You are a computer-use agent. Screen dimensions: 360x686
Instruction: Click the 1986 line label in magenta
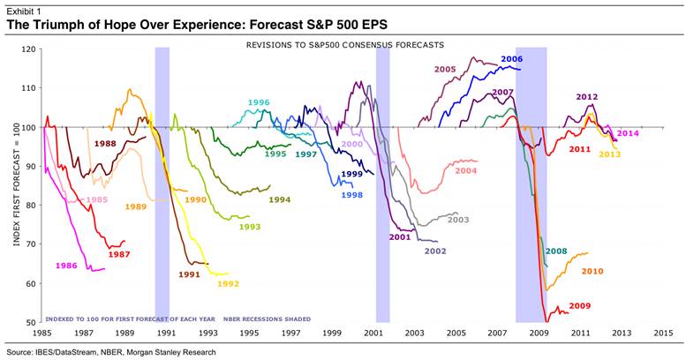pyautogui.click(x=67, y=265)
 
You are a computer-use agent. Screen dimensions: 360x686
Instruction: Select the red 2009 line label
pyautogui.click(x=579, y=305)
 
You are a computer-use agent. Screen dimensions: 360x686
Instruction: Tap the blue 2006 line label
pyautogui.click(x=511, y=59)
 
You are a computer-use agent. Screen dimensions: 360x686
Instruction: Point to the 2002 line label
pyautogui.click(x=435, y=251)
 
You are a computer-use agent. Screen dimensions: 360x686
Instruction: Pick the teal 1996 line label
pyautogui.click(x=258, y=103)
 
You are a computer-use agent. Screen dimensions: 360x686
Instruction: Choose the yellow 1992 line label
pyautogui.click(x=228, y=283)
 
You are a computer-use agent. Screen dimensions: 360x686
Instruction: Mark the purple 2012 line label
pyautogui.click(x=587, y=96)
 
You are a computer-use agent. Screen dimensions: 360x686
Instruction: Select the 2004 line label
pyautogui.click(x=465, y=171)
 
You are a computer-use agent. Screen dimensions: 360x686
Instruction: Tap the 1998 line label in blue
pyautogui.click(x=351, y=194)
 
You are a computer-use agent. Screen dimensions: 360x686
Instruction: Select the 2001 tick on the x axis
pyautogui.click(x=373, y=334)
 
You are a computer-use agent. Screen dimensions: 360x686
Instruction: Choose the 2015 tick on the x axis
pyautogui.click(x=662, y=334)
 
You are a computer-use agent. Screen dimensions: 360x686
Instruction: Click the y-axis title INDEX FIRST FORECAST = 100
pyautogui.click(x=17, y=186)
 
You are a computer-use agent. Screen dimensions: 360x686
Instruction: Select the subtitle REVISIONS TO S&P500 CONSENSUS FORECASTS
pyautogui.click(x=343, y=43)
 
